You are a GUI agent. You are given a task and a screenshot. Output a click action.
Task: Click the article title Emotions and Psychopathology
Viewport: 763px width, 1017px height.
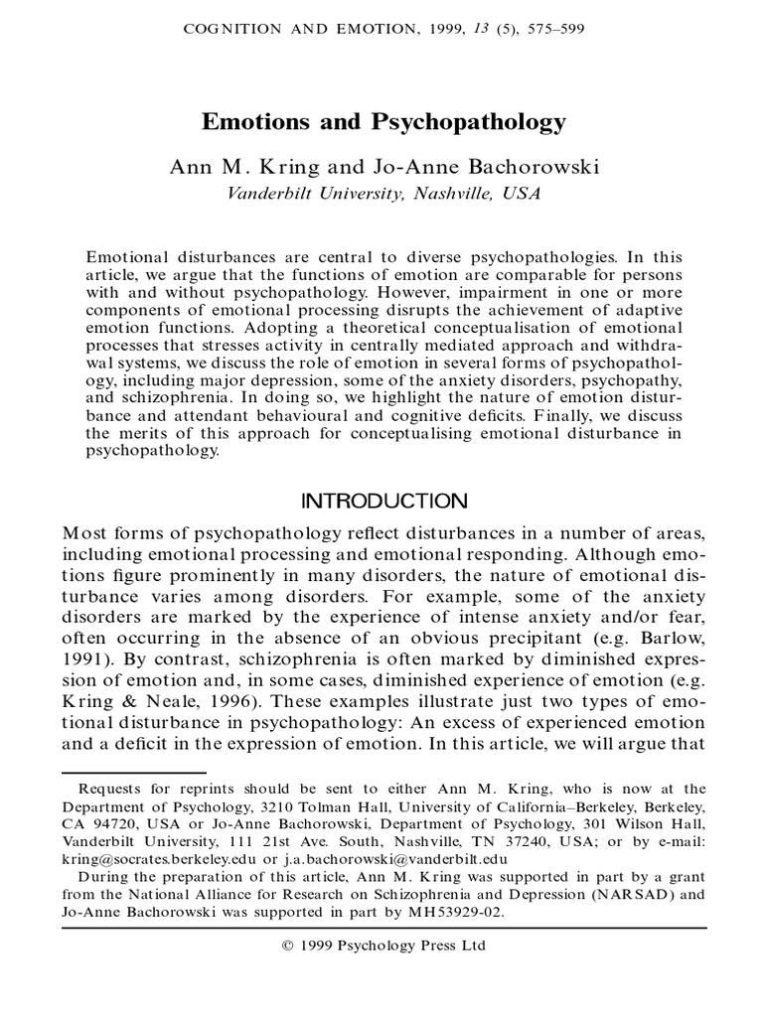coord(383,122)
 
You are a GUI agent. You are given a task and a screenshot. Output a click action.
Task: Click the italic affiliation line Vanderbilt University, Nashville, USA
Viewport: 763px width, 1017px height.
coord(383,194)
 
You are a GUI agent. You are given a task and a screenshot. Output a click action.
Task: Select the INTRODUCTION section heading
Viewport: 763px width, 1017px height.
coord(383,499)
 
